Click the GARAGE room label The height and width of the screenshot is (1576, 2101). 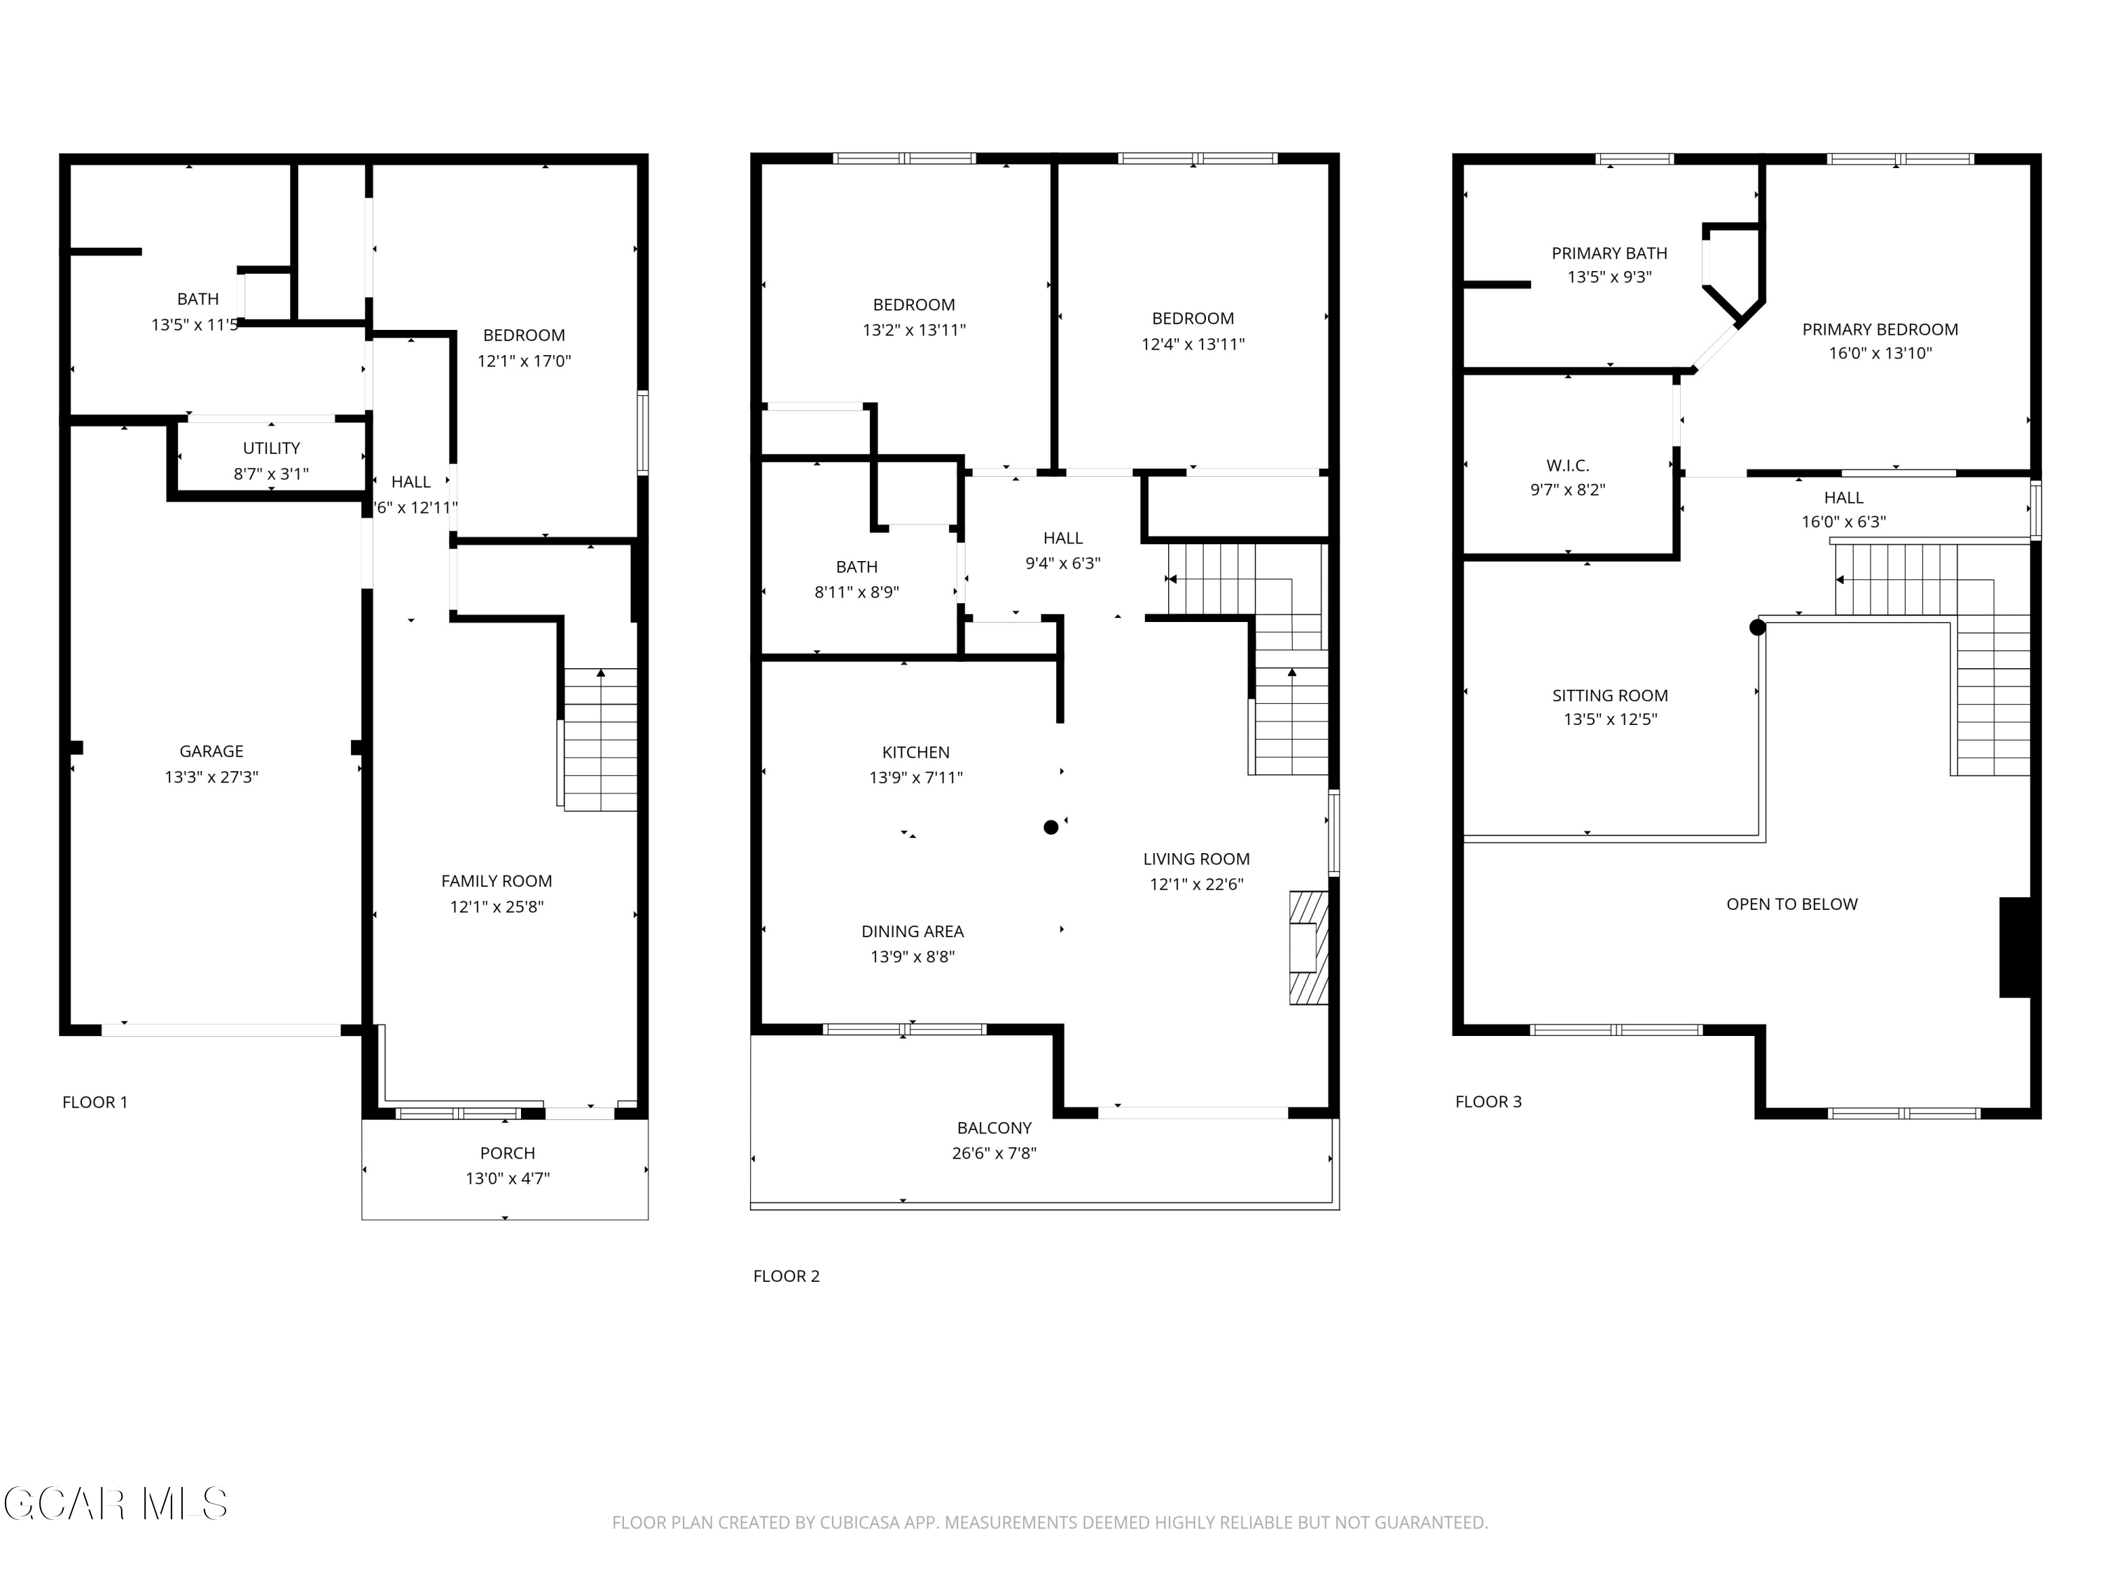click(211, 752)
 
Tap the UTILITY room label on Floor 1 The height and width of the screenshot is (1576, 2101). click(272, 448)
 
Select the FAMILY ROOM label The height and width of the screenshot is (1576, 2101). click(497, 882)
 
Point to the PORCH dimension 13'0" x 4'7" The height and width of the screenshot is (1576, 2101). click(507, 1179)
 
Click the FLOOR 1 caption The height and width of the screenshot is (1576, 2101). click(95, 1102)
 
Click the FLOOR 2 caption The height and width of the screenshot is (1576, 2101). click(786, 1276)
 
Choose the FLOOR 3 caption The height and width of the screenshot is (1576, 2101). click(1488, 1102)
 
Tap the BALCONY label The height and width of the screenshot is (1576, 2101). click(994, 1128)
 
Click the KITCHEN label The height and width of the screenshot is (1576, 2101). click(915, 752)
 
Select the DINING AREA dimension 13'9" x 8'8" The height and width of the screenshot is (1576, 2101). click(913, 957)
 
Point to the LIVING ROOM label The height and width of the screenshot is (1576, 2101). click(1197, 859)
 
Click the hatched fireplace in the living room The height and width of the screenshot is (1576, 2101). click(1308, 947)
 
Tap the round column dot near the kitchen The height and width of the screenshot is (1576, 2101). click(1050, 827)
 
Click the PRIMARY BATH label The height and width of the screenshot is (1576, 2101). click(1610, 254)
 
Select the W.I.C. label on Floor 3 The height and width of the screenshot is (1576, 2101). click(1568, 466)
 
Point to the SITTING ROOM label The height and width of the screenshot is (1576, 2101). click(1610, 696)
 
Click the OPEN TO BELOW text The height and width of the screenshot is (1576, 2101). click(1792, 904)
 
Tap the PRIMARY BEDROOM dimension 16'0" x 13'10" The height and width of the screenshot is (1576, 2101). click(1880, 354)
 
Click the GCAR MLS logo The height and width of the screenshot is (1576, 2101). click(115, 1504)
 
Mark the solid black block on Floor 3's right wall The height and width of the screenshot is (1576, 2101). click(2016, 947)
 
